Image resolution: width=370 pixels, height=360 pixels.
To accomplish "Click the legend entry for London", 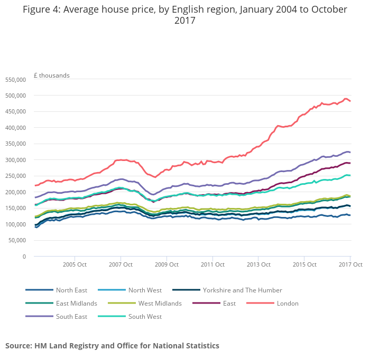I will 288,304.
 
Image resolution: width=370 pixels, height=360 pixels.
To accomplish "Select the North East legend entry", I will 71,290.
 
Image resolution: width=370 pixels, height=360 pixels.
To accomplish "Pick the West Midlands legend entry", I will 160,304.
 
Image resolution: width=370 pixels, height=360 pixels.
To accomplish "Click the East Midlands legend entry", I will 76,304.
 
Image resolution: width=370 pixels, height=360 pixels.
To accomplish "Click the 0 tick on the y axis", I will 24,257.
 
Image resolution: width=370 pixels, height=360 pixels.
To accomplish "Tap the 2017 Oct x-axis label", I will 350,264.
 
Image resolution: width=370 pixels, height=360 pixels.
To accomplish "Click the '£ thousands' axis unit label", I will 51,75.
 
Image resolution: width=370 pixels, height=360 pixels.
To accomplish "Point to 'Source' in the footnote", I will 18,346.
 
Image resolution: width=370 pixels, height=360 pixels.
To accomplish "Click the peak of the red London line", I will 346,99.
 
